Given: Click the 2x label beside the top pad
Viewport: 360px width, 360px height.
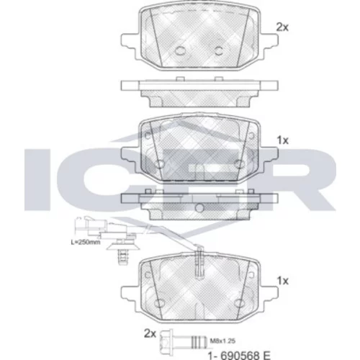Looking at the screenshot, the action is pyautogui.click(x=282, y=27).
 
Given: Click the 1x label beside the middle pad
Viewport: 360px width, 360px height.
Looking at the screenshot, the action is pyautogui.click(x=283, y=140).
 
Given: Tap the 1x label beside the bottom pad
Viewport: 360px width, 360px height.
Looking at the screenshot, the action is pyautogui.click(x=283, y=281).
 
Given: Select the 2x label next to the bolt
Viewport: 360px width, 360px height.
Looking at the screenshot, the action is pyautogui.click(x=150, y=333).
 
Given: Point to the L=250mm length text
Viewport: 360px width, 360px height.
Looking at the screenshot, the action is pyautogui.click(x=86, y=242).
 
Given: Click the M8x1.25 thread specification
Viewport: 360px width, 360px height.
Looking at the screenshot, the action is pyautogui.click(x=222, y=341).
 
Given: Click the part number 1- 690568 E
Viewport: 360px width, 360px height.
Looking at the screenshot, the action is pyautogui.click(x=239, y=355).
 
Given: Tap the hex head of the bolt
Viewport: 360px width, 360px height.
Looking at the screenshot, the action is pyautogui.click(x=165, y=341).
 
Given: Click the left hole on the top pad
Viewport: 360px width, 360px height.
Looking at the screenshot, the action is pyautogui.click(x=179, y=50).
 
